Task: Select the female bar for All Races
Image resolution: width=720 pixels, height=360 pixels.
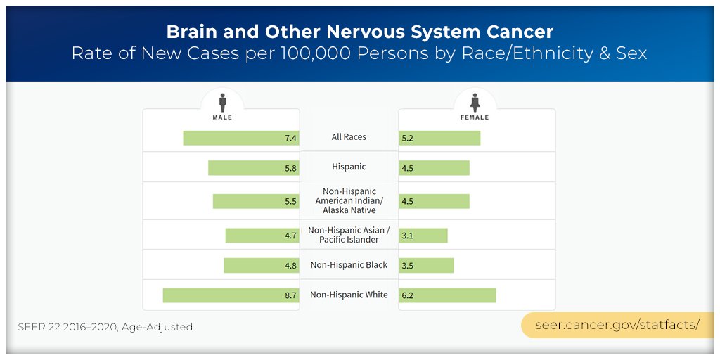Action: [439, 138]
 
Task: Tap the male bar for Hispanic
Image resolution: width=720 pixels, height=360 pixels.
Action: [253, 168]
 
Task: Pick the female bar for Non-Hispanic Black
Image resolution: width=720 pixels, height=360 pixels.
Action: [426, 265]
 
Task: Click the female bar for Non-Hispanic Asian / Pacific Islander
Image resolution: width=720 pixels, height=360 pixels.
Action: [423, 236]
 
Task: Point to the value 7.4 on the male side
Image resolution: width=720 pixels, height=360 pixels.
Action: [290, 139]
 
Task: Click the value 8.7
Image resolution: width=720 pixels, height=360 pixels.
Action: [290, 296]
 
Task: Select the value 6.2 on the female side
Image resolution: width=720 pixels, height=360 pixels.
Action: [408, 296]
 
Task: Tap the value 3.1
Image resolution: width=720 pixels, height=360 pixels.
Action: [408, 236]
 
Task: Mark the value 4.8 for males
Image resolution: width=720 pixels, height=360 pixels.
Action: [290, 266]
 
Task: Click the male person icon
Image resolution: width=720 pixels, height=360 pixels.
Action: [222, 103]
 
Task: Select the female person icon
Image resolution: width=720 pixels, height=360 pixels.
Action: [475, 103]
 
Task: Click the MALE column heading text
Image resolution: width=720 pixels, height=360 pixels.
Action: [222, 117]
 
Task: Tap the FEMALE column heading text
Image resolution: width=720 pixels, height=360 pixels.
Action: [475, 117]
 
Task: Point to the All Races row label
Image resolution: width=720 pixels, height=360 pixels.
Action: [349, 137]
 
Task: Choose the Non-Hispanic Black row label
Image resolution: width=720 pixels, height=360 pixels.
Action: [349, 265]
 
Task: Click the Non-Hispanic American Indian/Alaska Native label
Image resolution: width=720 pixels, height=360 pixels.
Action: [349, 200]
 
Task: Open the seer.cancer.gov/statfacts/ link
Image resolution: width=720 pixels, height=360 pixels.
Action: [617, 325]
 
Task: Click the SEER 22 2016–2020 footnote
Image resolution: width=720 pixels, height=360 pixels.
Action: [105, 327]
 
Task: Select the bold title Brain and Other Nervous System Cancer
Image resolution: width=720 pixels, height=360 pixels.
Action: [359, 32]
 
